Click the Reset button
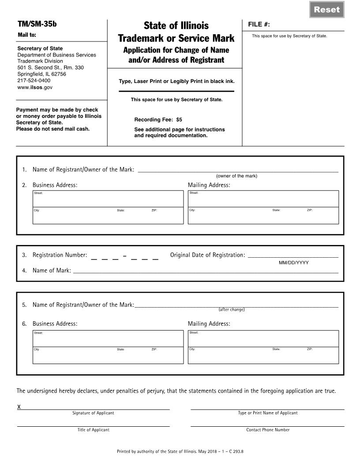pyautogui.click(x=326, y=10)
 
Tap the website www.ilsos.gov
pyautogui.click(x=35, y=87)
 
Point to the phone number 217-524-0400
pyautogui.click(x=34, y=81)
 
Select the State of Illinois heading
pyautogui.click(x=176, y=26)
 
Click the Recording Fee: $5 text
pyautogui.click(x=158, y=120)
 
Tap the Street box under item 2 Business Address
pyautogui.click(x=108, y=199)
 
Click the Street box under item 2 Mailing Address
pyautogui.click(x=263, y=199)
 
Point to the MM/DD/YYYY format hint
pyautogui.click(x=294, y=263)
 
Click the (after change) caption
pyautogui.click(x=231, y=309)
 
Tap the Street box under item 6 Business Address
pyautogui.click(x=108, y=338)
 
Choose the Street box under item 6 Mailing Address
pyautogui.click(x=263, y=338)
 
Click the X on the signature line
pyautogui.click(x=19, y=407)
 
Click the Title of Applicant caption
pyautogui.click(x=94, y=430)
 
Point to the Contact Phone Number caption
pyautogui.click(x=268, y=430)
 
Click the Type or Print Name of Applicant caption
pyautogui.click(x=268, y=413)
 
